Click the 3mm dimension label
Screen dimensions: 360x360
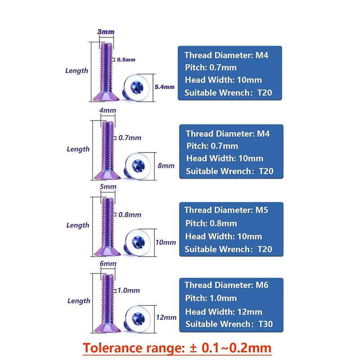click(x=106, y=31)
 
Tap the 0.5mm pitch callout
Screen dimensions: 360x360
click(x=126, y=60)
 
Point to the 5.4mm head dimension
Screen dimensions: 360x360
click(x=164, y=87)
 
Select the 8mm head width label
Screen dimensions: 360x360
click(x=166, y=166)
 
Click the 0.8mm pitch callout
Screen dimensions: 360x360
click(x=130, y=215)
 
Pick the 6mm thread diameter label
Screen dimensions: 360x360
click(x=108, y=263)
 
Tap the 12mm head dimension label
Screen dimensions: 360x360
click(x=166, y=318)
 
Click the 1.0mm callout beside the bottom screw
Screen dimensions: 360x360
click(x=129, y=290)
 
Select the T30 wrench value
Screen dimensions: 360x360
click(x=265, y=324)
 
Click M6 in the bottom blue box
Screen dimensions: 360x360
click(x=262, y=285)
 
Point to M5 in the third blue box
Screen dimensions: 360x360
click(x=262, y=210)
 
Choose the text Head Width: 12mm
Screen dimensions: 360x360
click(x=224, y=312)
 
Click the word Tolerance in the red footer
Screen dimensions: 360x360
click(x=112, y=348)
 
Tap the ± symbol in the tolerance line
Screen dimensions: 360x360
click(x=193, y=348)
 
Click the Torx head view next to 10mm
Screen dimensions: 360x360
click(x=138, y=242)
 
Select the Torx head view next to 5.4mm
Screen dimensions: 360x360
click(x=136, y=87)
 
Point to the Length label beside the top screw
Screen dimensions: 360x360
click(x=76, y=71)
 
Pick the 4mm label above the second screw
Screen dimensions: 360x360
click(x=108, y=110)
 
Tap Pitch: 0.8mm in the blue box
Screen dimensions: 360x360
click(x=211, y=223)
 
